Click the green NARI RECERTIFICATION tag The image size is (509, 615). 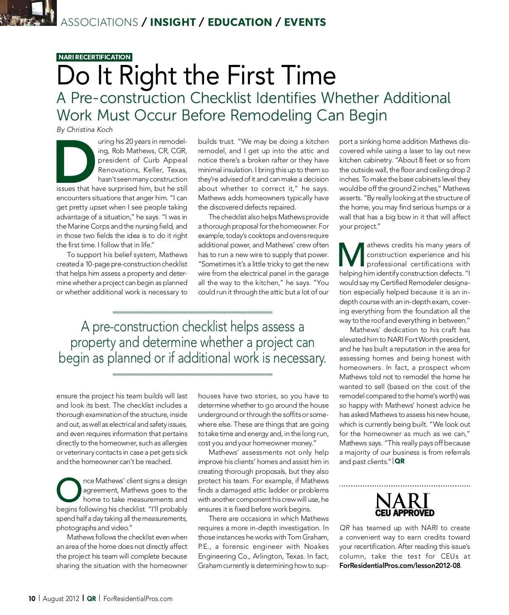point(95,57)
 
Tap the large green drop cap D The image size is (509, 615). point(76,160)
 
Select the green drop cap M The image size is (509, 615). point(352,254)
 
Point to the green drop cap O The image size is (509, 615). point(68,490)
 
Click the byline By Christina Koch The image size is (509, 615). point(84,129)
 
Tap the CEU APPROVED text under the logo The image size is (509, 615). point(405,513)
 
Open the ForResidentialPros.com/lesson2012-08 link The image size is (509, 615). point(399,565)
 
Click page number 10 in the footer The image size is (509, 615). point(32,598)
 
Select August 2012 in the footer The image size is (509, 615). point(61,598)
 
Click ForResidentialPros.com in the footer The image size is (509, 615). point(138,598)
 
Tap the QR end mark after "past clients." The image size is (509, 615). point(400,461)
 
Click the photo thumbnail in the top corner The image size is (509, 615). point(28,13)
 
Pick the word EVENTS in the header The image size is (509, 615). point(305,22)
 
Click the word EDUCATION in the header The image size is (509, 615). point(240,22)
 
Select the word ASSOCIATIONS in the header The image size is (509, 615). point(99,22)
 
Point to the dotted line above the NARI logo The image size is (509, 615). point(405,486)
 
